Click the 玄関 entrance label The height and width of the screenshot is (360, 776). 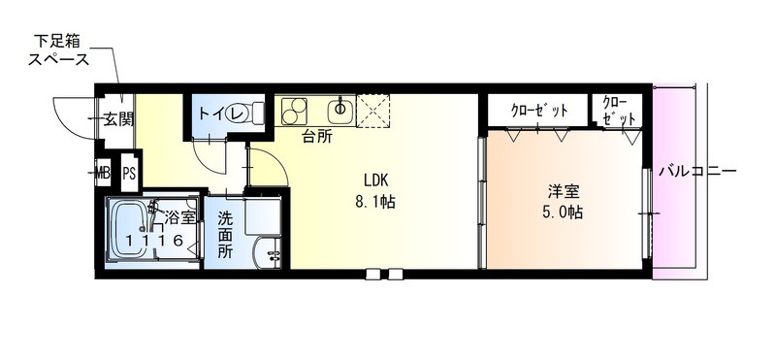pos(118,119)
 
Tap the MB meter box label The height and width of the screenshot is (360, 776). pos(103,174)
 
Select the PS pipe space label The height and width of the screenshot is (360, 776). pos(129,174)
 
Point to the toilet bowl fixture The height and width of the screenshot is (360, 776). pos(245,114)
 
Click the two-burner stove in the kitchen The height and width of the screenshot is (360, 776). pos(294,112)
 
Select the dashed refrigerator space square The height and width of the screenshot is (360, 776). pos(373,111)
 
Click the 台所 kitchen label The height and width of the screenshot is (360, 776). pos(317,137)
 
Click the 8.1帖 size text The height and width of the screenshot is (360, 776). pos(375,202)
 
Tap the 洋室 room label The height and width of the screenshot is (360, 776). pos(564,190)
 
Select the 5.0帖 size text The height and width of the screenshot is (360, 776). pos(563,212)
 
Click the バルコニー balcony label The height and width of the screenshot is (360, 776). pos(697,172)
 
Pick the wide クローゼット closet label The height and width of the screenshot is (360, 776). pos(539,110)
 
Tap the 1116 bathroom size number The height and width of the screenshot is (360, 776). pos(154,241)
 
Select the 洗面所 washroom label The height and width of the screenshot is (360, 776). pos(226,235)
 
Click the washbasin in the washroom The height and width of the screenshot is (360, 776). pos(267,252)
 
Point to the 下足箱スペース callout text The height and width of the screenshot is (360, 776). pos(58,50)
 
